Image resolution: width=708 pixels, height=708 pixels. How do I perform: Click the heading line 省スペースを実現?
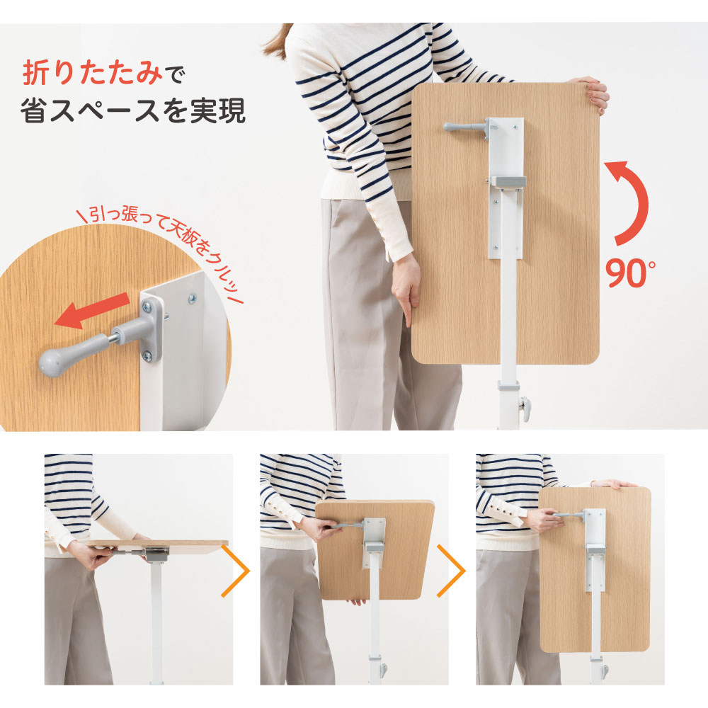click(x=133, y=111)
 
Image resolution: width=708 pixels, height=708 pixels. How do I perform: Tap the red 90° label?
click(x=630, y=272)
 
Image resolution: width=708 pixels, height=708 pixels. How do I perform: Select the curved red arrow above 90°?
click(x=632, y=202)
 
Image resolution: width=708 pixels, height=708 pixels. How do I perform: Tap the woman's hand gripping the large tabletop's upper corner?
click(x=593, y=92)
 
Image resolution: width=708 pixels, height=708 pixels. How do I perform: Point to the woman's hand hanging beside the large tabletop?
click(x=406, y=297)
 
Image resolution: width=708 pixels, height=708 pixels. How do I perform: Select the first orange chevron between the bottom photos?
click(x=240, y=569)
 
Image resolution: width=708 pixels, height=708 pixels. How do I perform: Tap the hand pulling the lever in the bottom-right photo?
click(x=542, y=520)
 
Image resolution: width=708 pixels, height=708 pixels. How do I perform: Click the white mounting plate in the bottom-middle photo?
click(x=373, y=542)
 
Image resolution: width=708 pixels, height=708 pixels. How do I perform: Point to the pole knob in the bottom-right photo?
click(x=603, y=668)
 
